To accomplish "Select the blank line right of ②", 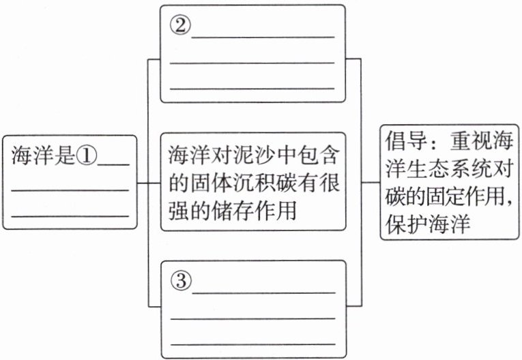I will (263, 35).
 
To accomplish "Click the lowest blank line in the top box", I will (252, 89).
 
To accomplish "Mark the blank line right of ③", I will (264, 292).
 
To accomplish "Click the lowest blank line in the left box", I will (70, 216).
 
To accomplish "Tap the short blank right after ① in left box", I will (114, 164).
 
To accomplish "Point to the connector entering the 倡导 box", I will (371, 183).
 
